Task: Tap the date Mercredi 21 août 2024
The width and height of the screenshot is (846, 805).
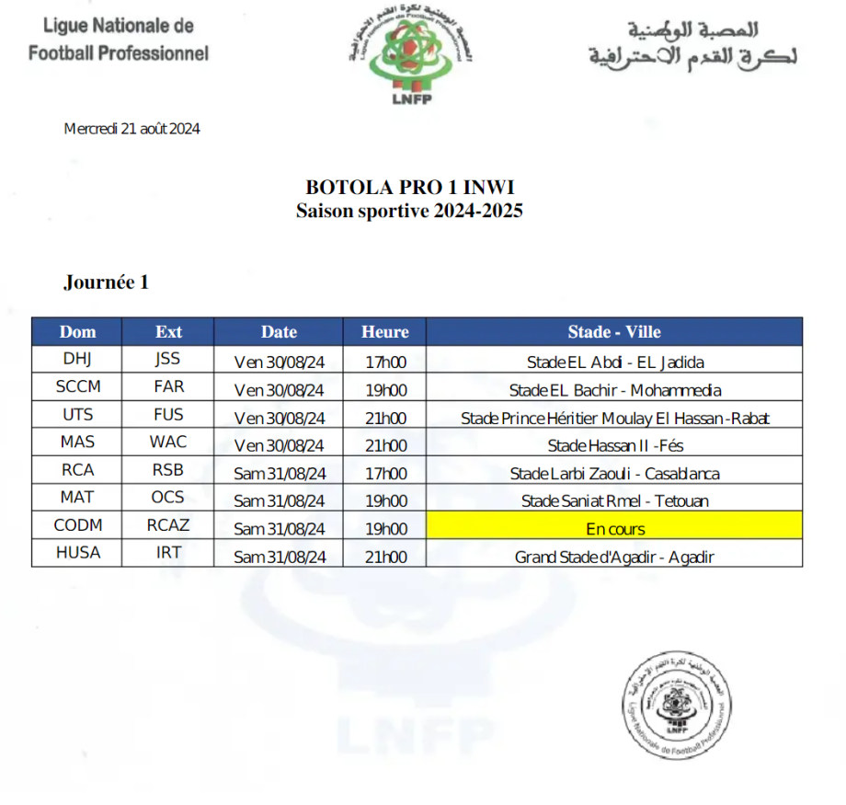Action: click(131, 129)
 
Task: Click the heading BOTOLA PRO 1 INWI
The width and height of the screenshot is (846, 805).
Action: click(409, 188)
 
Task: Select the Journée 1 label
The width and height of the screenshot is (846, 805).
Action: click(106, 282)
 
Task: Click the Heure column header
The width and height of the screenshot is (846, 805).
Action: click(384, 332)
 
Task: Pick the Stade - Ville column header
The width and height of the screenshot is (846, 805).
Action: click(613, 332)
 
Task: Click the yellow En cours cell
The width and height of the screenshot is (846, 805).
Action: click(614, 529)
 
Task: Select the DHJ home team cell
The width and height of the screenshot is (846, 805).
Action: click(77, 360)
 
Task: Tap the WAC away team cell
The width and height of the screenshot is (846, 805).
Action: click(168, 443)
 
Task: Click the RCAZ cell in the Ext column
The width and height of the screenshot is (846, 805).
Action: click(168, 525)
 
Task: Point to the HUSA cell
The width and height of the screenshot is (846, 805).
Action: click(77, 553)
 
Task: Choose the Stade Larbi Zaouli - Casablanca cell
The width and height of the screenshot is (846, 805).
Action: click(614, 475)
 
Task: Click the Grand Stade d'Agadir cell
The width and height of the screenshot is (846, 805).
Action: click(614, 558)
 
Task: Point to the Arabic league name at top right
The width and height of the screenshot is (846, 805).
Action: click(692, 43)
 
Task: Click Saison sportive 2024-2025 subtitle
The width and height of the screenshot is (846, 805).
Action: click(409, 211)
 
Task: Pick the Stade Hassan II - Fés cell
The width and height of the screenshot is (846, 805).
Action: click(614, 446)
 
